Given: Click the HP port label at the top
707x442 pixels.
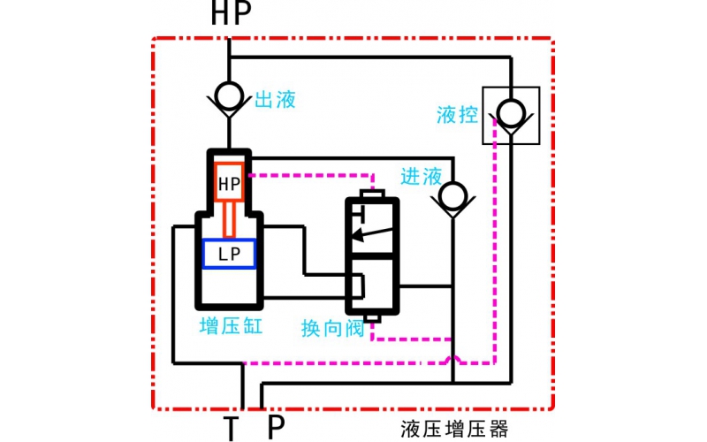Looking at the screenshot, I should pos(231,13).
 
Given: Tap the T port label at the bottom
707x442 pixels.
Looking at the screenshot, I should pos(231,428).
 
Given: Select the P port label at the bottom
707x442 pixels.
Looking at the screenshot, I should pos(276,427).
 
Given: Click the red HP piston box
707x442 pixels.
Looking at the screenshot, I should pos(230,183).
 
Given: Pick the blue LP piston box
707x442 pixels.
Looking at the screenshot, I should pos(230,254).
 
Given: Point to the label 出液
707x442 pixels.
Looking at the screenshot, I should pos(275,99).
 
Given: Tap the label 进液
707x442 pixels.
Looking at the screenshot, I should pos(421,176).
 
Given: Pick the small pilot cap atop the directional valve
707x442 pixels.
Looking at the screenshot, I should pos(371,194).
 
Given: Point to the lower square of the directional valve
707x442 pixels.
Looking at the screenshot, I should pos(371,284).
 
